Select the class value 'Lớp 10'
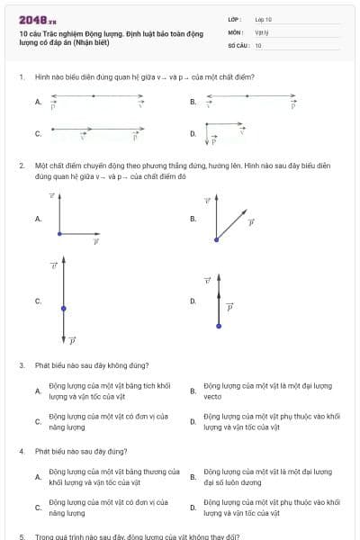(x=263, y=18)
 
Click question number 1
(x=21, y=76)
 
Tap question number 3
(x=21, y=365)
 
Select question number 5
(x=21, y=535)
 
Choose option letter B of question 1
(x=193, y=103)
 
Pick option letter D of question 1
(x=193, y=134)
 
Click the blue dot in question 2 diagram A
(x=59, y=234)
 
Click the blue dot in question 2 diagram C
(x=63, y=309)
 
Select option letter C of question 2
(x=38, y=301)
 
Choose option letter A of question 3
(x=38, y=391)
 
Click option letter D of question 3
(x=193, y=421)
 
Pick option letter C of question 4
(x=38, y=508)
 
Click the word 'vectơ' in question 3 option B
(x=212, y=396)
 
